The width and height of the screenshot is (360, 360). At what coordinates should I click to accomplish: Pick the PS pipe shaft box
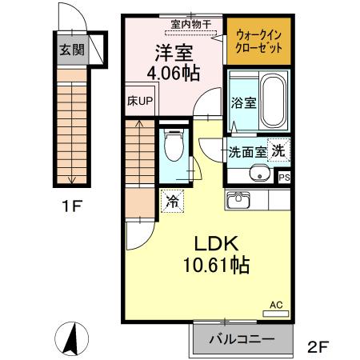tap(283, 178)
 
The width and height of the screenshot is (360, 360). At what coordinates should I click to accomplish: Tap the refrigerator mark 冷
tap(172, 200)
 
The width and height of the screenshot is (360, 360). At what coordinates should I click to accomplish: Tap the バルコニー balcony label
tap(241, 339)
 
